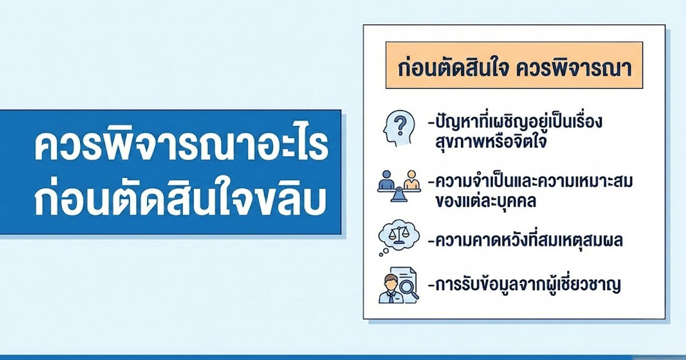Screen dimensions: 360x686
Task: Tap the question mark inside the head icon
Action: point(401,123)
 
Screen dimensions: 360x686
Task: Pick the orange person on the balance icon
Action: point(410,180)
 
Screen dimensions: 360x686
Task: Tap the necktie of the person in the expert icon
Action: point(391,297)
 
